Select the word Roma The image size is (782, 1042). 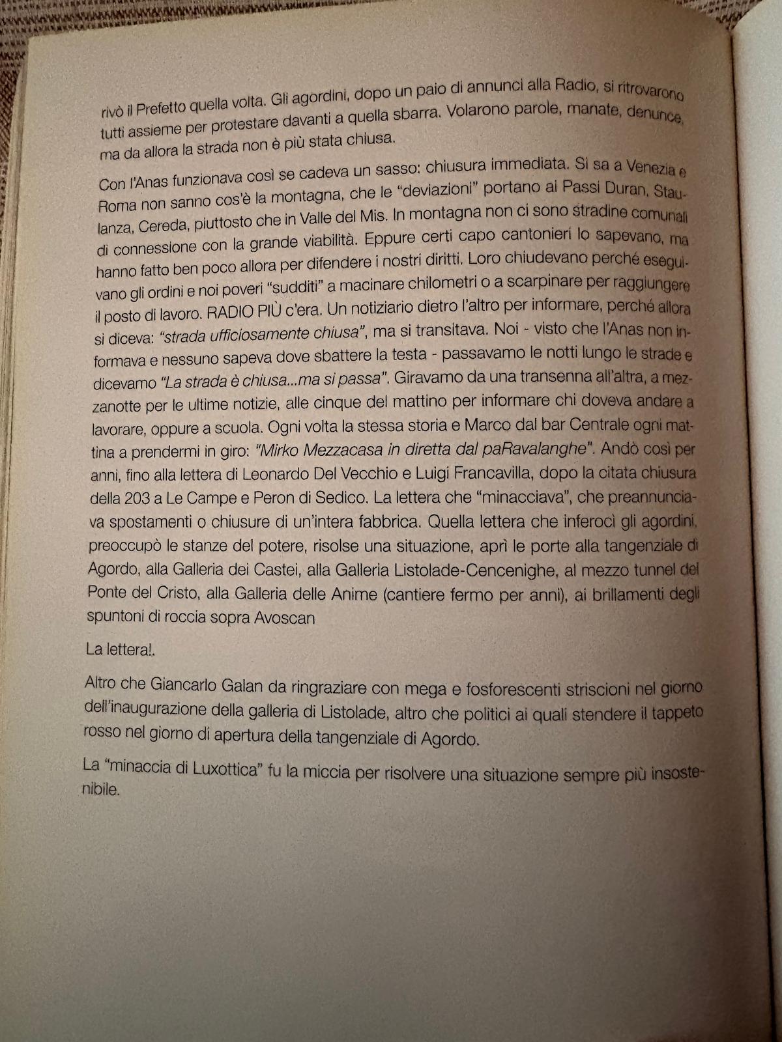tap(117, 204)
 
